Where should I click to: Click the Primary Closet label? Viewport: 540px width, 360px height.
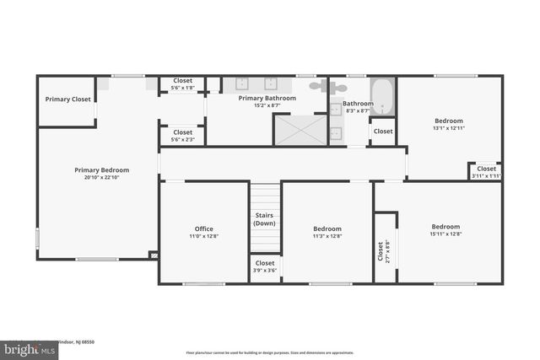click(68, 99)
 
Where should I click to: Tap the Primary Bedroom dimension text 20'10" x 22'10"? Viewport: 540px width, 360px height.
click(101, 178)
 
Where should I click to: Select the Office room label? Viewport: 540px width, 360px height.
click(203, 228)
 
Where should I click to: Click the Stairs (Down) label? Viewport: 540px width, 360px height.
click(265, 219)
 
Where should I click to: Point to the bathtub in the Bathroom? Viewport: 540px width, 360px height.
click(382, 96)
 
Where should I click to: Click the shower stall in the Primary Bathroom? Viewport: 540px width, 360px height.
click(300, 130)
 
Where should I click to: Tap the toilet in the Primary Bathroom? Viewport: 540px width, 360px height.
click(318, 85)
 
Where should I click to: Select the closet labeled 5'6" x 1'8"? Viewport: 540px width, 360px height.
click(182, 84)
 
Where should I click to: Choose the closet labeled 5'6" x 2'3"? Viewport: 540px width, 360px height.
click(182, 136)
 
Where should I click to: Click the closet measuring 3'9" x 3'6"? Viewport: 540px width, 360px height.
click(265, 266)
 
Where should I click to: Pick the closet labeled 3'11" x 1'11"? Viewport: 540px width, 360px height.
click(486, 171)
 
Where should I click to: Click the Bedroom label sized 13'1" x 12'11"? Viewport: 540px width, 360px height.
click(449, 124)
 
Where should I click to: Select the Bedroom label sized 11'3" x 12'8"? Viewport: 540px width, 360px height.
click(327, 233)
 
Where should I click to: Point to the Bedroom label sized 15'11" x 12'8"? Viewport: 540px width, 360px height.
click(445, 230)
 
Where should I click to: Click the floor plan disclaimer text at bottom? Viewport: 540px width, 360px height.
click(269, 352)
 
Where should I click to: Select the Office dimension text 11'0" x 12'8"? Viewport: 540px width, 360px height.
click(203, 237)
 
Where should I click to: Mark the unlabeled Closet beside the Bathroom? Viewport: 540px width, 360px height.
click(383, 132)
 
